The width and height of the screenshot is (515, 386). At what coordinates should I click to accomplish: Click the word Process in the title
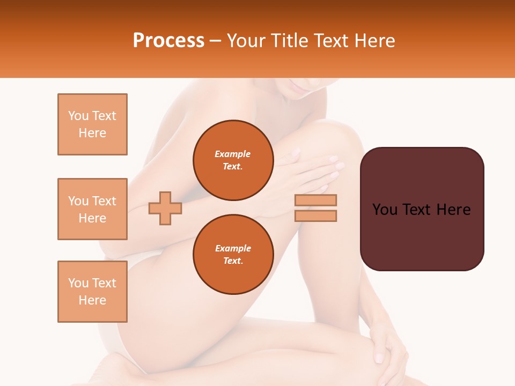(168, 41)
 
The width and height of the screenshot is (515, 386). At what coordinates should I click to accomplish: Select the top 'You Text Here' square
(92, 124)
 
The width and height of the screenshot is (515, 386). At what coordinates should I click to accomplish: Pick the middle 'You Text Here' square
(92, 209)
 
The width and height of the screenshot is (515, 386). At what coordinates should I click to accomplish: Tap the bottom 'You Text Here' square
(92, 292)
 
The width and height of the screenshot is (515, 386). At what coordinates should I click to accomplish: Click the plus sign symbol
(165, 208)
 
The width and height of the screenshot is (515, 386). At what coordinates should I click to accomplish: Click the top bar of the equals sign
(315, 201)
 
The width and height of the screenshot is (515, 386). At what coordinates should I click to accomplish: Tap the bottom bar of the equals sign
(315, 216)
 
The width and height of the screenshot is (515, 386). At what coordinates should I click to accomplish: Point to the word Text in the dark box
(422, 210)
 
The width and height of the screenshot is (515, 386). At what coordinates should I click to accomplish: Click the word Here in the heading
(373, 41)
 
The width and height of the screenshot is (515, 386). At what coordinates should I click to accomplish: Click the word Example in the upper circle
(233, 154)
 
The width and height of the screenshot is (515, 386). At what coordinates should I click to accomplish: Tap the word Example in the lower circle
(233, 248)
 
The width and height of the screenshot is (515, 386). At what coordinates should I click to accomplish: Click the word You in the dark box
(385, 210)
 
